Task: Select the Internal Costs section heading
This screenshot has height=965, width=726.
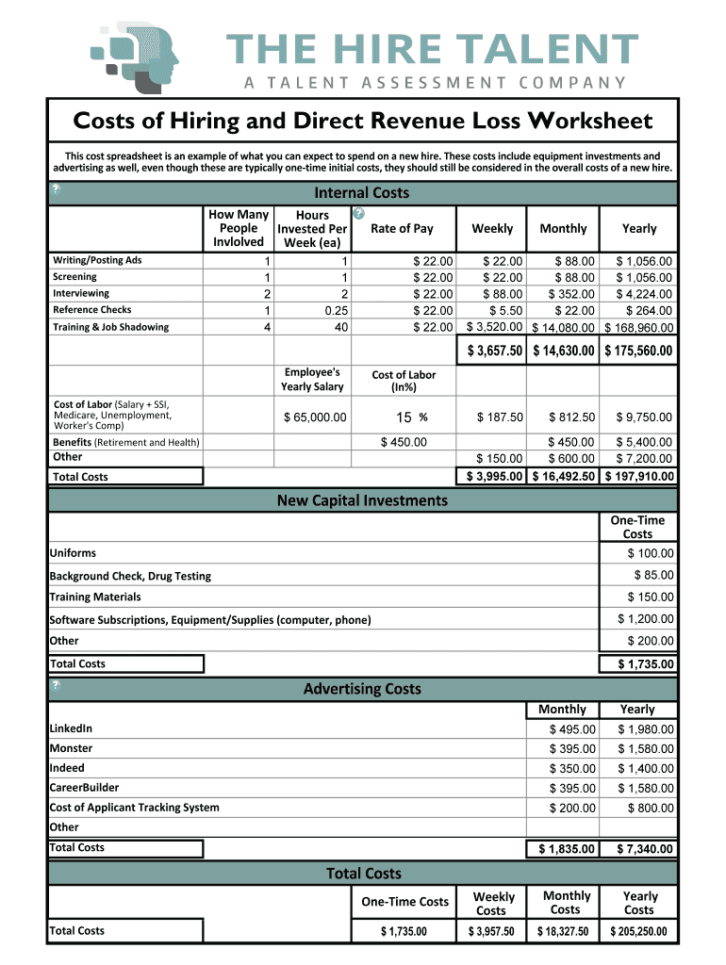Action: (362, 193)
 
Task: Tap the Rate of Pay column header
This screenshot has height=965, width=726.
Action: (403, 228)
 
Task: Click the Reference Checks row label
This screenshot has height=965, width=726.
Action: (92, 310)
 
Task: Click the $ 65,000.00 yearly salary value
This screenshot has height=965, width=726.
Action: (315, 417)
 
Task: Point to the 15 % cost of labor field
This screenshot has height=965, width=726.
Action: (408, 417)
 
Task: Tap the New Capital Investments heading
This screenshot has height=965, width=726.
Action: (362, 500)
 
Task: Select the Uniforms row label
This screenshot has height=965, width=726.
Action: (73, 553)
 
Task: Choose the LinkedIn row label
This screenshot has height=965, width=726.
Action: (71, 728)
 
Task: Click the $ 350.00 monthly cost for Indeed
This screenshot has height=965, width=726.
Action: (572, 769)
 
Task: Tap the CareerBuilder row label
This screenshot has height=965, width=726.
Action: (84, 788)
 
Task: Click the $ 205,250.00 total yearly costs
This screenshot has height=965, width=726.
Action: (638, 931)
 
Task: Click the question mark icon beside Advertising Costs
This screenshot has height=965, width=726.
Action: (57, 685)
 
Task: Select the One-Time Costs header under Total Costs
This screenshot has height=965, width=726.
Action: (405, 902)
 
